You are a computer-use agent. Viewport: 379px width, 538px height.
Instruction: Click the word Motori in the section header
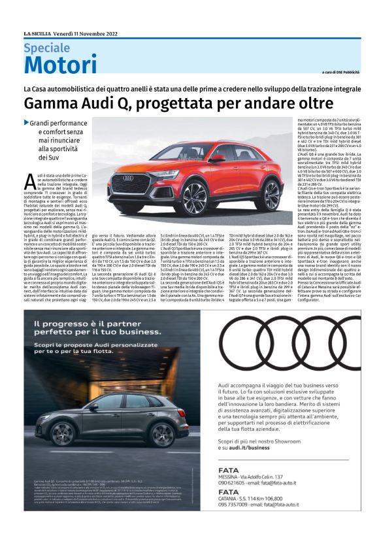[60, 65]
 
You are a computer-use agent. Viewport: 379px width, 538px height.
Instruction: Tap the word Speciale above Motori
[47, 48]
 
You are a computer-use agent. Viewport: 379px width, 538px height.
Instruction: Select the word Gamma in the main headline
[48, 103]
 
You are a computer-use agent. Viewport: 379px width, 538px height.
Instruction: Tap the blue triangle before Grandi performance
[26, 122]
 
